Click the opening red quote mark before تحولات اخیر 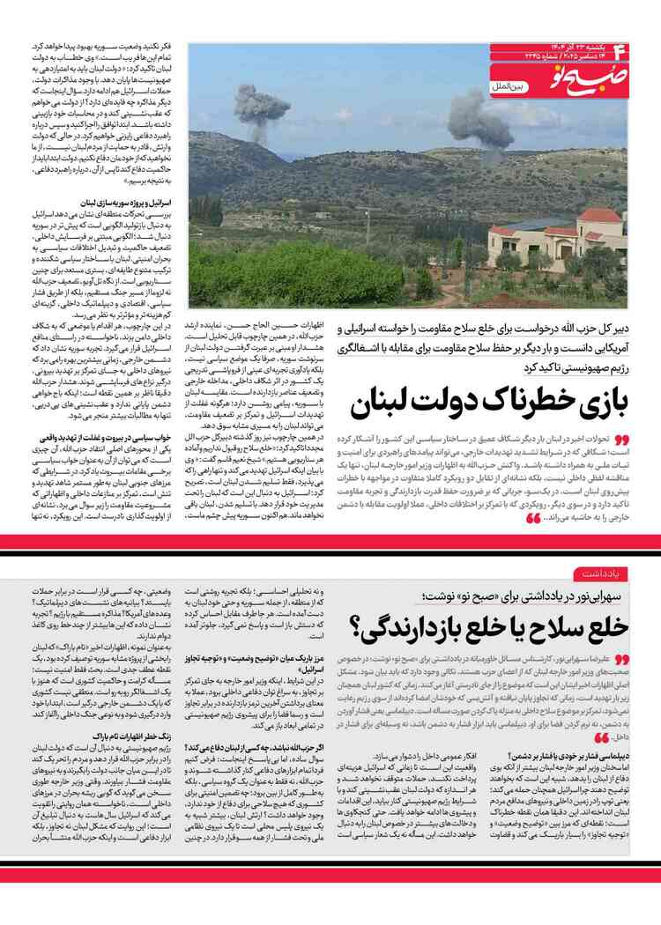[x=621, y=438]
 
